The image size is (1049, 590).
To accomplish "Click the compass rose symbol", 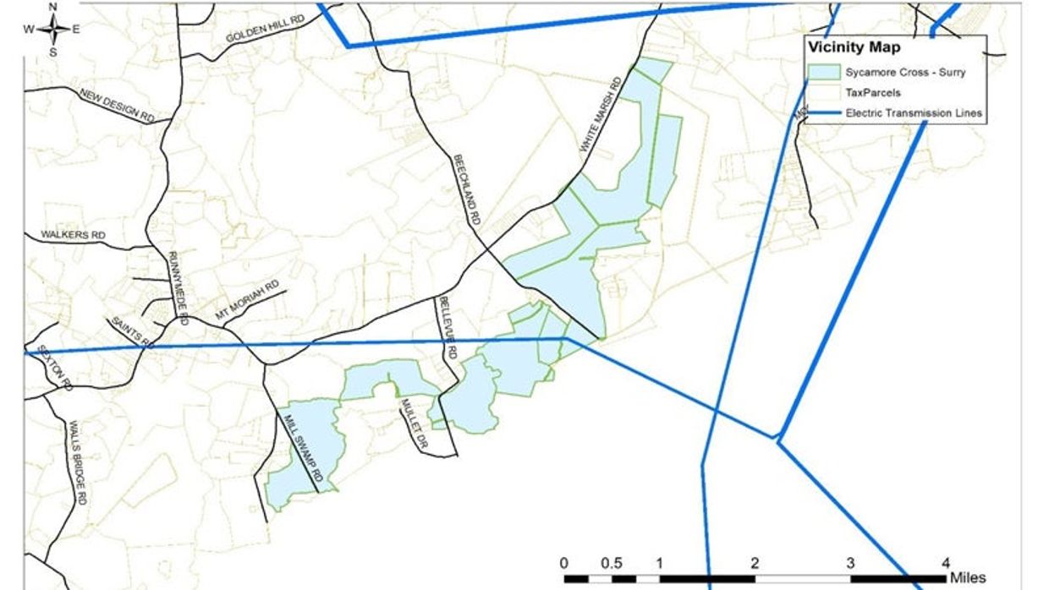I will pyautogui.click(x=52, y=30).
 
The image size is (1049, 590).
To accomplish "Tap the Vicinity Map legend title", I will pyautogui.click(x=854, y=48).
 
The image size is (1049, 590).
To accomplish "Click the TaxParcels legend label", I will pyautogui.click(x=872, y=92).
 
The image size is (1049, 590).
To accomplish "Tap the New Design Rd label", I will pyautogui.click(x=118, y=106).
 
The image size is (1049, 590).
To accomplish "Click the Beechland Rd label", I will pyautogui.click(x=466, y=188).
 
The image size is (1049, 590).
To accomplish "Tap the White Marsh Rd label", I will pyautogui.click(x=601, y=115).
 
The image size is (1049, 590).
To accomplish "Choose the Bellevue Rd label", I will pyautogui.click(x=447, y=329).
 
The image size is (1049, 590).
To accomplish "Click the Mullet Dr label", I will pyautogui.click(x=412, y=422).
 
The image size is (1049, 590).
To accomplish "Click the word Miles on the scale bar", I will pyautogui.click(x=967, y=578).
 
